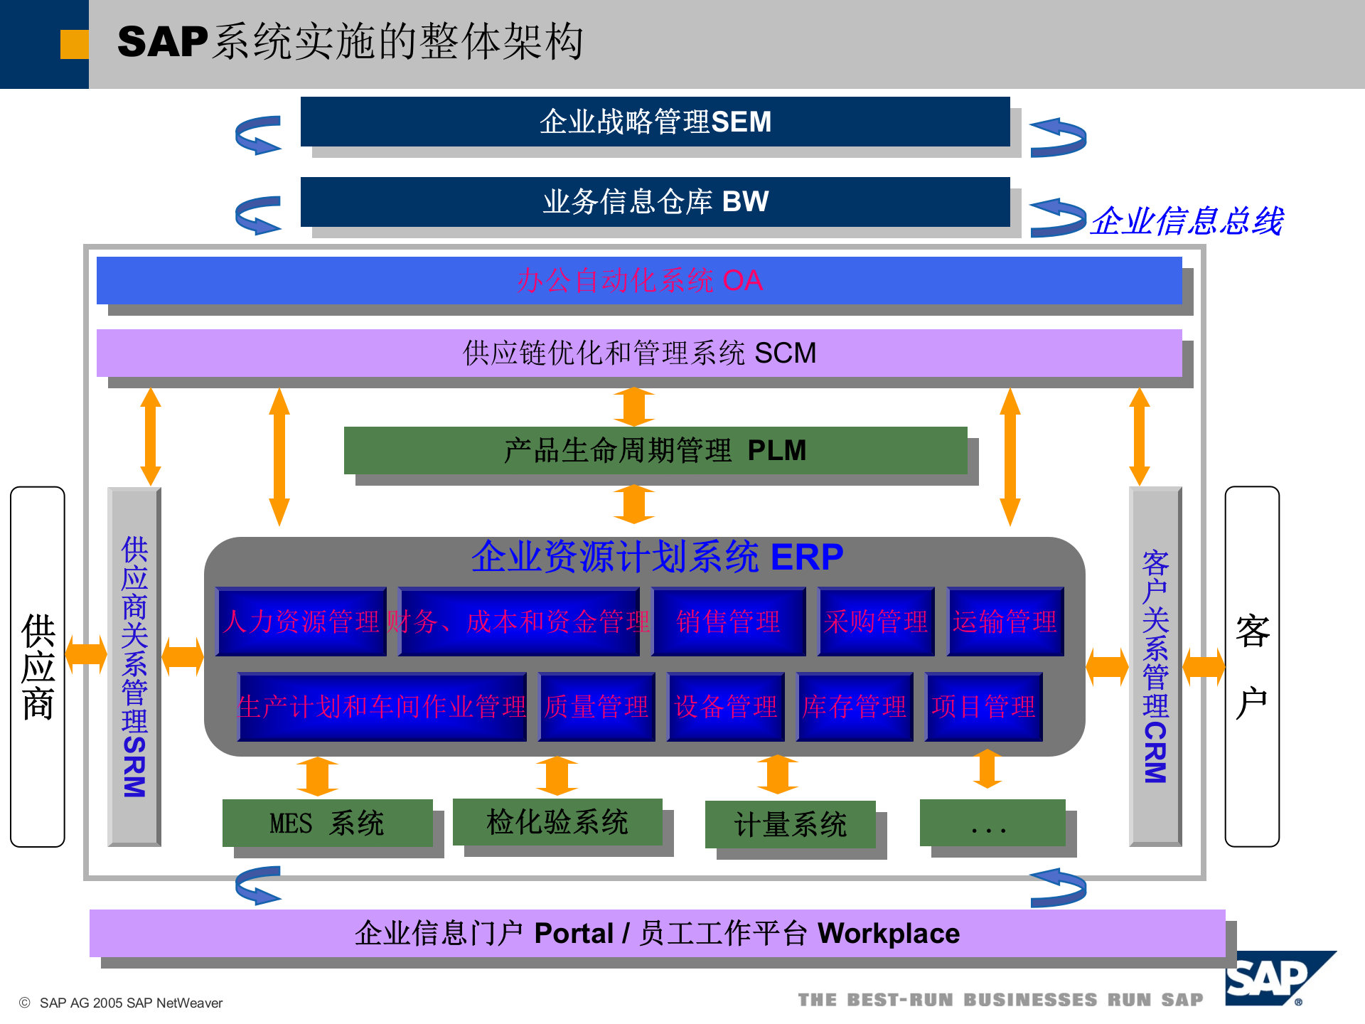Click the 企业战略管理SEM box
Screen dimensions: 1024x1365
[x=655, y=122]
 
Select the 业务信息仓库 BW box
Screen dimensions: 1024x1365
[x=655, y=202]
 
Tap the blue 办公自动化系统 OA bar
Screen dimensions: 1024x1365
[x=638, y=281]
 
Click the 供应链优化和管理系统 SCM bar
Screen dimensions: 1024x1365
[x=638, y=353]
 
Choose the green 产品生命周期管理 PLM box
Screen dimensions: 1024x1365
[x=655, y=450]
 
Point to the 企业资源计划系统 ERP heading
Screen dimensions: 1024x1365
[x=656, y=557]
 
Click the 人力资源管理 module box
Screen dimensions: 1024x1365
[x=301, y=622]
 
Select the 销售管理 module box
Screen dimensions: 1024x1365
[x=728, y=622]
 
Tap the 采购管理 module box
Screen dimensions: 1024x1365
[x=876, y=622]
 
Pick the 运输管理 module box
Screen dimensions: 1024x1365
[x=1005, y=622]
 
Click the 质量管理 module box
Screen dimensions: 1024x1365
[x=596, y=707]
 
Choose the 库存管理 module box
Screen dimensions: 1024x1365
[x=855, y=707]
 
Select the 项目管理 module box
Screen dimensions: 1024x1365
[x=984, y=707]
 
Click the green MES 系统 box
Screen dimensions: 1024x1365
[x=327, y=823]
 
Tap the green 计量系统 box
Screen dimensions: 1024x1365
[x=790, y=824]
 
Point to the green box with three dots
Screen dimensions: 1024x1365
[x=992, y=823]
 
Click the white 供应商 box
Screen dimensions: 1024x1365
[x=38, y=666]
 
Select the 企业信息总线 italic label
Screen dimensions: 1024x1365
[x=1187, y=221]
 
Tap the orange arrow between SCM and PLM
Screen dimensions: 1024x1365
[x=634, y=407]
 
